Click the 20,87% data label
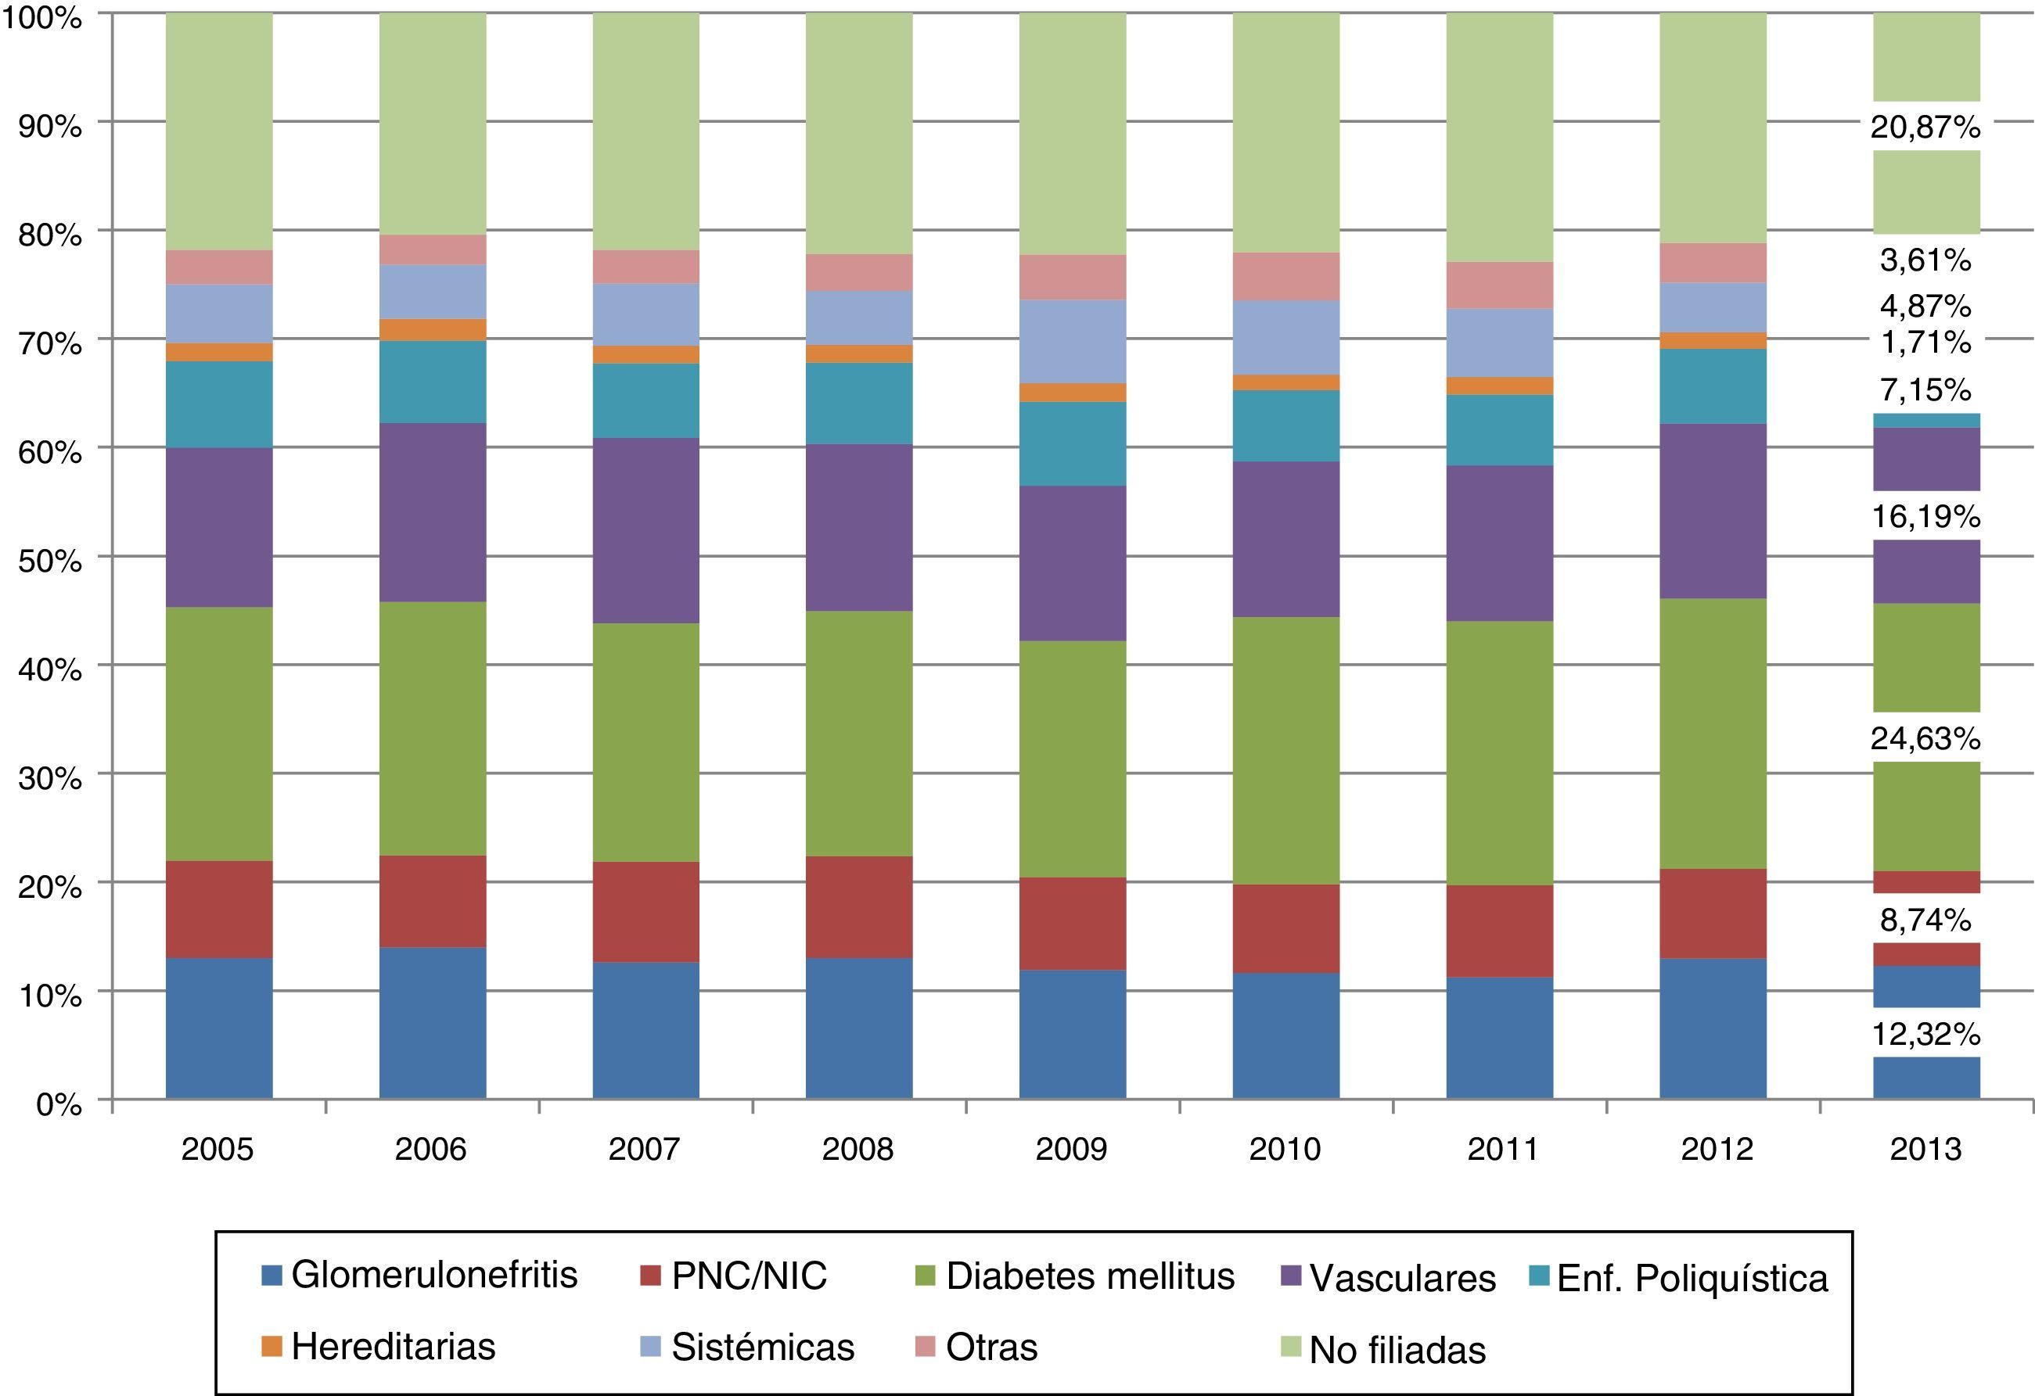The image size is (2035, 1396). (1925, 127)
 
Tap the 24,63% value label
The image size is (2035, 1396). (1925, 739)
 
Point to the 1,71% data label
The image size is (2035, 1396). (1925, 343)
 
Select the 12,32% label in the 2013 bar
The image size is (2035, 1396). (1925, 1035)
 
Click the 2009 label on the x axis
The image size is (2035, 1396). (1071, 1148)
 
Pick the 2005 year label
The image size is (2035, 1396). (218, 1148)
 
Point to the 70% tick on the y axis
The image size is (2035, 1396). (50, 343)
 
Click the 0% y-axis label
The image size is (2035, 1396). (59, 1104)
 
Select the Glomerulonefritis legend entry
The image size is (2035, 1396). (434, 1276)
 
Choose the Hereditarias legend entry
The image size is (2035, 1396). (394, 1346)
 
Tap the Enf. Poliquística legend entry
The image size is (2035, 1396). (1692, 1278)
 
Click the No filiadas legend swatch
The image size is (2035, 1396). (1292, 1346)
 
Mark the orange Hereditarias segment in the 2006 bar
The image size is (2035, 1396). (433, 329)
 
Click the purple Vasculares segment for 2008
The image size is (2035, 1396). (859, 527)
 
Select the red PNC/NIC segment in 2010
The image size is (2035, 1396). (1285, 928)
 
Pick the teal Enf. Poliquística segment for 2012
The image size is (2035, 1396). (1713, 386)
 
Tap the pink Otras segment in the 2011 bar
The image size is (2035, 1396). (1499, 285)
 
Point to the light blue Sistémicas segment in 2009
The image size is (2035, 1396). (1072, 341)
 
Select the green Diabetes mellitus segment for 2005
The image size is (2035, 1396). (219, 734)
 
